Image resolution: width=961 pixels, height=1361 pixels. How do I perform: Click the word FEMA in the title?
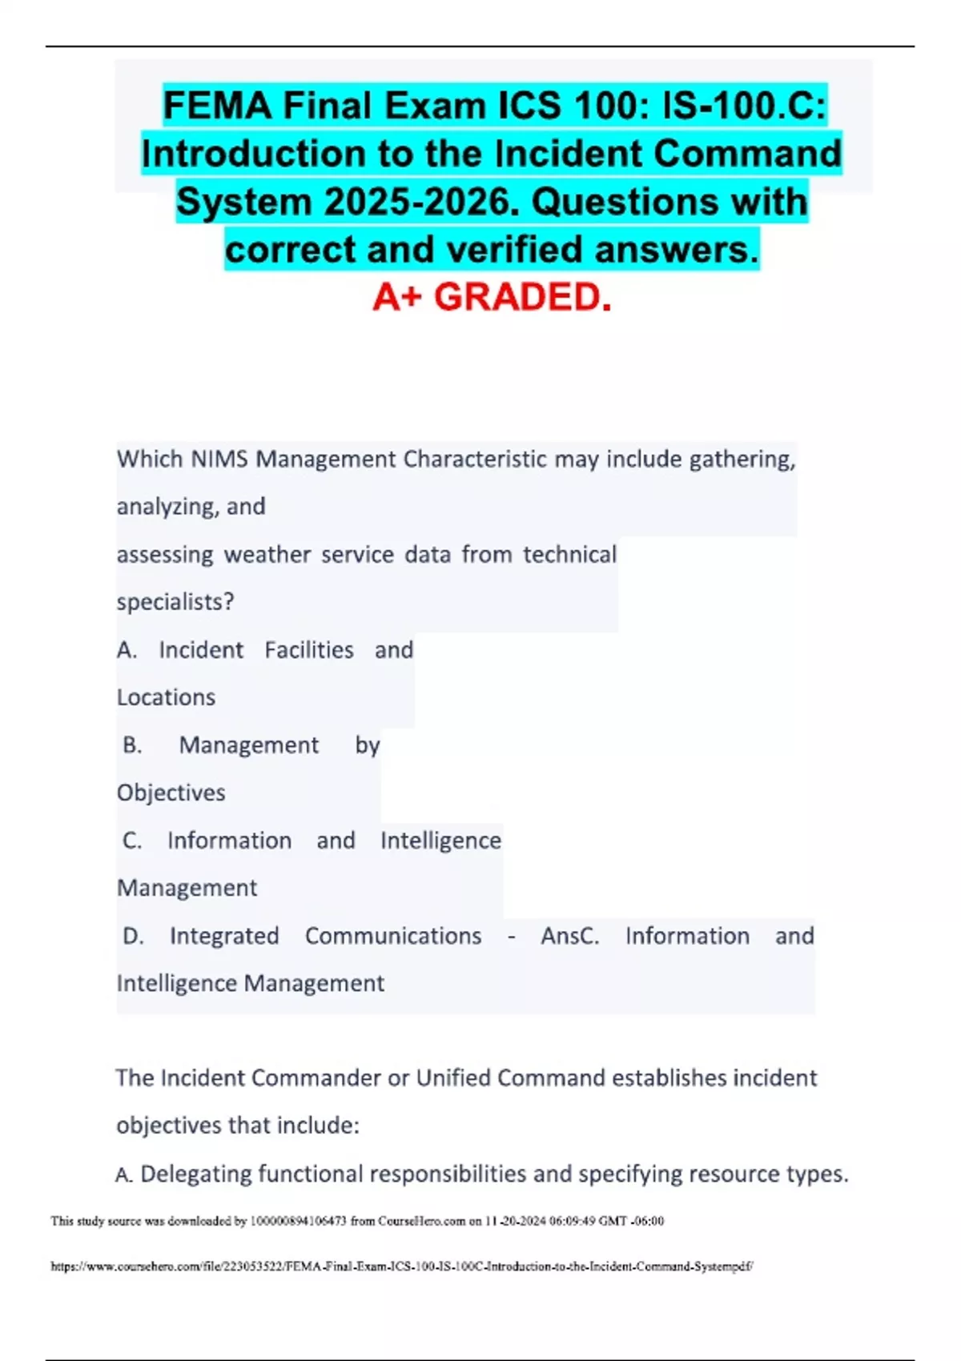coord(216,106)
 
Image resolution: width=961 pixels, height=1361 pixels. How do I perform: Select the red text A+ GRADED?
coord(492,297)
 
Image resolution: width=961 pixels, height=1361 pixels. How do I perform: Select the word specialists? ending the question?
coord(175,602)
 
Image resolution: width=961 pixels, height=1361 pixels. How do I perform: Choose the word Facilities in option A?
coord(308,650)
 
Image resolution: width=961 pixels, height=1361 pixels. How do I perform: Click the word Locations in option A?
coord(166,697)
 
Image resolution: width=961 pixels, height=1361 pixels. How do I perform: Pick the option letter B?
coord(132,745)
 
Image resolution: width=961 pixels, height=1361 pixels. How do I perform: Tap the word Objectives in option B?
coord(171,793)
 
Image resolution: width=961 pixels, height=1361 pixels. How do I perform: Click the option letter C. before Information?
coord(132,841)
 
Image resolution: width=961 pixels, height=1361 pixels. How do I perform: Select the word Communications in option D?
coord(393,936)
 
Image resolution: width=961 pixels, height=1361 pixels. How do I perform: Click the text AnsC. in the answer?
coord(569,936)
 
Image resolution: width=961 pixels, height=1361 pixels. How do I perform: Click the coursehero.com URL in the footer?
coord(401,1267)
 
